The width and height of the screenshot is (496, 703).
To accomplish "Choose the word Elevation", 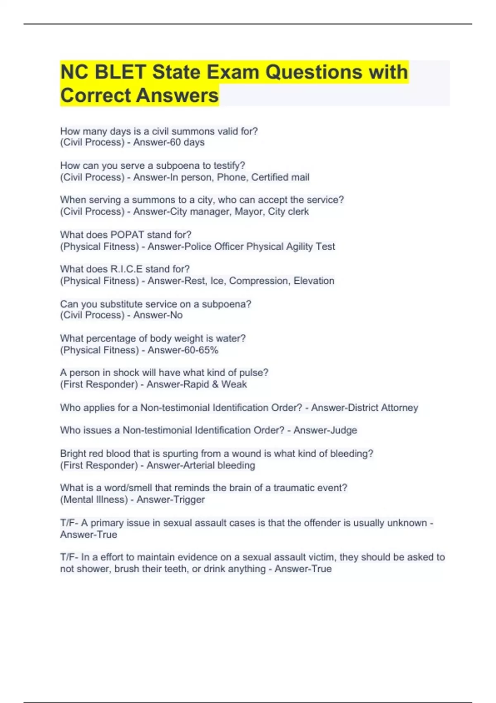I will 314,281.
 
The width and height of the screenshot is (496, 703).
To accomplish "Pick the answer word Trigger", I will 188,500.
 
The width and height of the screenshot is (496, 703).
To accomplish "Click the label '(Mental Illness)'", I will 94,500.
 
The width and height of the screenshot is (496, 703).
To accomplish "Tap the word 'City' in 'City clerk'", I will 276,212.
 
